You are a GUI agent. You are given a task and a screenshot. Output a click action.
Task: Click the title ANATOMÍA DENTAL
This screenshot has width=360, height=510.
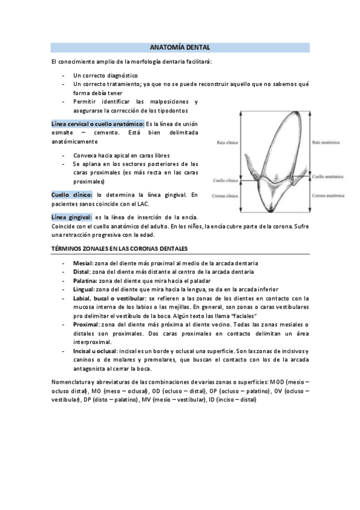180,47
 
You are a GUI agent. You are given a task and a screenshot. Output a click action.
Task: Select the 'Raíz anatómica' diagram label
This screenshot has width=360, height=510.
325,143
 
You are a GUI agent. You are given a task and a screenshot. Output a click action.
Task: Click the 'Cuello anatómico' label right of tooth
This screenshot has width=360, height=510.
328,177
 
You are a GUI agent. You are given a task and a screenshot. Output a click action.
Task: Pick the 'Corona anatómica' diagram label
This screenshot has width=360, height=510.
328,195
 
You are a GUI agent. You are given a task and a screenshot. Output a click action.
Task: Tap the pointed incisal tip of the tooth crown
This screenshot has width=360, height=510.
271,211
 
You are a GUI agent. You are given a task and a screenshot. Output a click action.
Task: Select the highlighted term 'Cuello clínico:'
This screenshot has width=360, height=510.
72,195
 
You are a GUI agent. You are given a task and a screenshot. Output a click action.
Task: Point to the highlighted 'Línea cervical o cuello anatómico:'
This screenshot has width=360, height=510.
97,123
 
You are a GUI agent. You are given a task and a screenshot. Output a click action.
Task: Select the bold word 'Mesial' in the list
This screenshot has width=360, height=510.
83,263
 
